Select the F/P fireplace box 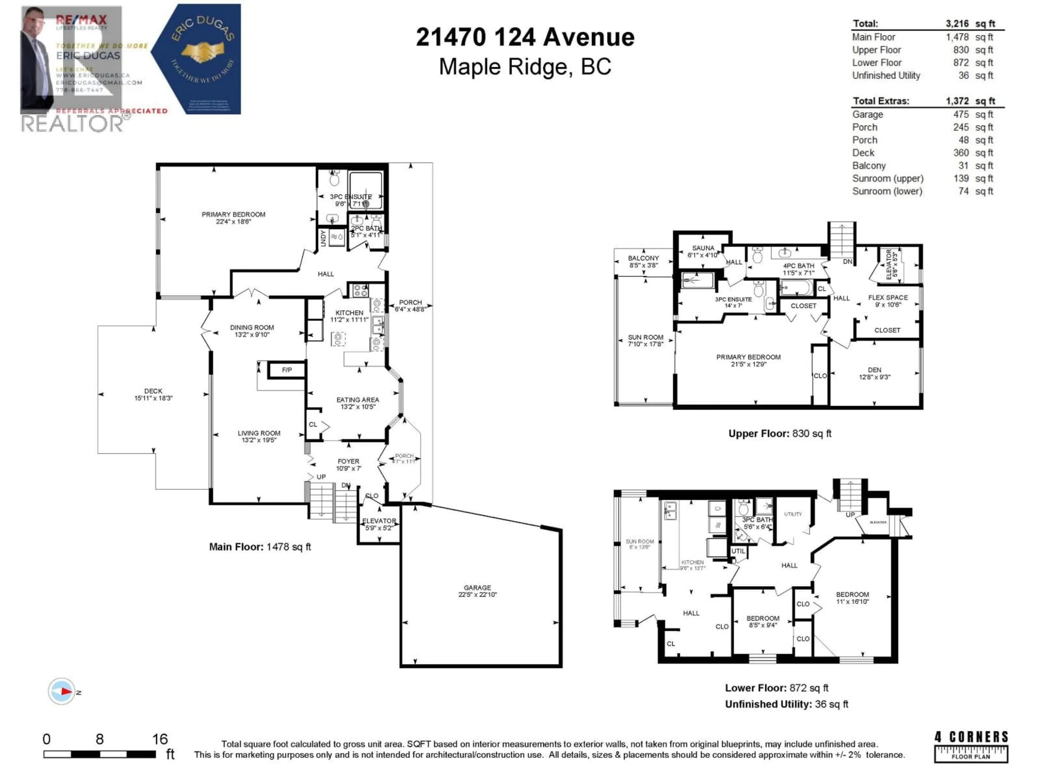coord(287,370)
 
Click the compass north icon coord(61,691)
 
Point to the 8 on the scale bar coord(100,739)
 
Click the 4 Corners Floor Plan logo coord(971,747)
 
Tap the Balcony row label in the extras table coord(869,166)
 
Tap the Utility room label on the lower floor coord(793,514)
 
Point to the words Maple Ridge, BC coord(525,67)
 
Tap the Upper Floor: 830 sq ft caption coord(779,433)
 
